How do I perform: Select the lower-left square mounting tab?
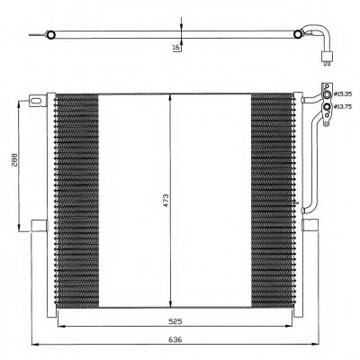pos(38,224)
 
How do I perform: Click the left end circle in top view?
pos(51,36)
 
